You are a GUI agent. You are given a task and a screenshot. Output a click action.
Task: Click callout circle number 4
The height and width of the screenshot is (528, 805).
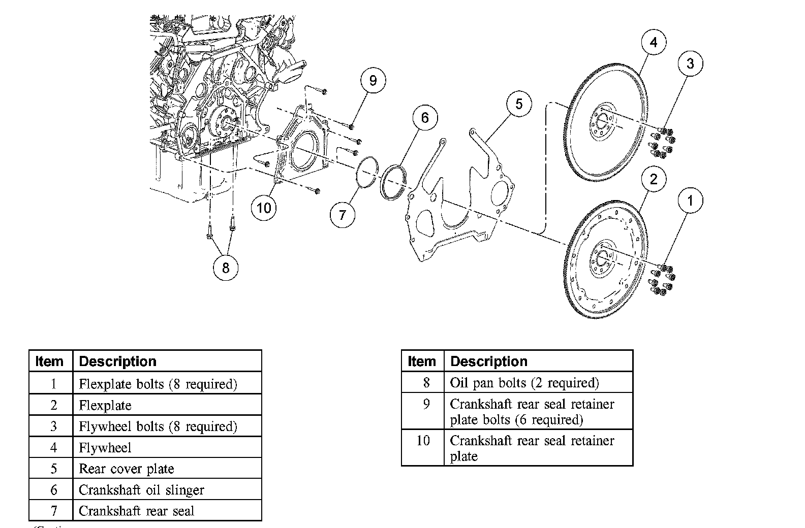click(654, 42)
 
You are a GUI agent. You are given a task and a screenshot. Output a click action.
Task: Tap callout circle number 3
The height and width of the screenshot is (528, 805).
click(690, 63)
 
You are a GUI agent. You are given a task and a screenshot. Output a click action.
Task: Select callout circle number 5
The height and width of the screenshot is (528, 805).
click(518, 104)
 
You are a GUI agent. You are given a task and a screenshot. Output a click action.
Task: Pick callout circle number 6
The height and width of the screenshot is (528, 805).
click(424, 118)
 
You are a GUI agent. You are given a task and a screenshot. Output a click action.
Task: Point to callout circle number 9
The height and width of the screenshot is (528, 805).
click(373, 80)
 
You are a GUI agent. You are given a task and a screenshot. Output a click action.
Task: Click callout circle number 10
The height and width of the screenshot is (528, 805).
click(264, 207)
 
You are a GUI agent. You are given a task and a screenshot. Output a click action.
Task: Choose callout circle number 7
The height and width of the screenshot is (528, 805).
click(342, 215)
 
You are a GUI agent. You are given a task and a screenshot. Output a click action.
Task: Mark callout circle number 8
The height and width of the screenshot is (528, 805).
click(226, 267)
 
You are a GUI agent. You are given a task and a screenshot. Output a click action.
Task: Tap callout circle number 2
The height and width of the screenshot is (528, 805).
click(654, 179)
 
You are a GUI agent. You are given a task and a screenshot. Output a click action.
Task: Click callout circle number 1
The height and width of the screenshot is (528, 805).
click(690, 201)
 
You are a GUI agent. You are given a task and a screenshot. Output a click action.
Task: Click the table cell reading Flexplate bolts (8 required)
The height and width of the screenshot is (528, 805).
click(167, 384)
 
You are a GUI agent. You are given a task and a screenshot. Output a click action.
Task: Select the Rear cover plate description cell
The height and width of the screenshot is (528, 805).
click(167, 469)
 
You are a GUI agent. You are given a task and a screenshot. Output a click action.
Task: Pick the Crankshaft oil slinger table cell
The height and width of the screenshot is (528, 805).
click(167, 490)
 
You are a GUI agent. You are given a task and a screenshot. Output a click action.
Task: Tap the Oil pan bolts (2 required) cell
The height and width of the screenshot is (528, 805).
click(538, 382)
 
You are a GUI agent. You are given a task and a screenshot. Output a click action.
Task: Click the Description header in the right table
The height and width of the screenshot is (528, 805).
click(538, 361)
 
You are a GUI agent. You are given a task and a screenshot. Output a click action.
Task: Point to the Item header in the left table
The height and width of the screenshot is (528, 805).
click(50, 361)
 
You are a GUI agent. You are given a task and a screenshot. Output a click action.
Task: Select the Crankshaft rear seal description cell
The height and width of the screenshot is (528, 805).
click(167, 511)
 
